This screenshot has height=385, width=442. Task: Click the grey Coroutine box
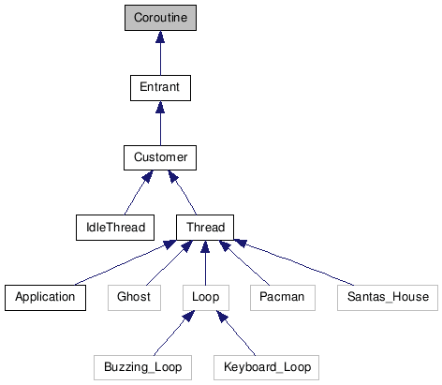pyautogui.click(x=160, y=18)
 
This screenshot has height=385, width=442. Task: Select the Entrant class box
pyautogui.click(x=160, y=88)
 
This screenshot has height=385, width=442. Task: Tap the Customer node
pyautogui.click(x=160, y=157)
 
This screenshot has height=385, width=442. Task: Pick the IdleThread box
pyautogui.click(x=114, y=227)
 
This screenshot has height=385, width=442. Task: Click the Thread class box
pyautogui.click(x=205, y=227)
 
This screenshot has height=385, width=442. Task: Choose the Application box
pyautogui.click(x=45, y=297)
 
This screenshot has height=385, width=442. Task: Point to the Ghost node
pyautogui.click(x=134, y=297)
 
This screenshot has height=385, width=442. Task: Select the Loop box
pyautogui.click(x=205, y=297)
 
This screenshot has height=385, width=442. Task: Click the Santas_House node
pyautogui.click(x=386, y=297)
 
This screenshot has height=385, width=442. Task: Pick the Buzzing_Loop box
pyautogui.click(x=143, y=366)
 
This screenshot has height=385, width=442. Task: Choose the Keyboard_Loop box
pyautogui.click(x=267, y=366)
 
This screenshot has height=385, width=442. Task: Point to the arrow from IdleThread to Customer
pyautogui.click(x=136, y=194)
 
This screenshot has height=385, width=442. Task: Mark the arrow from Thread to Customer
pyautogui.click(x=184, y=194)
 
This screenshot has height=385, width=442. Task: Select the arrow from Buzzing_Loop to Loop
pyautogui.click(x=175, y=332)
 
